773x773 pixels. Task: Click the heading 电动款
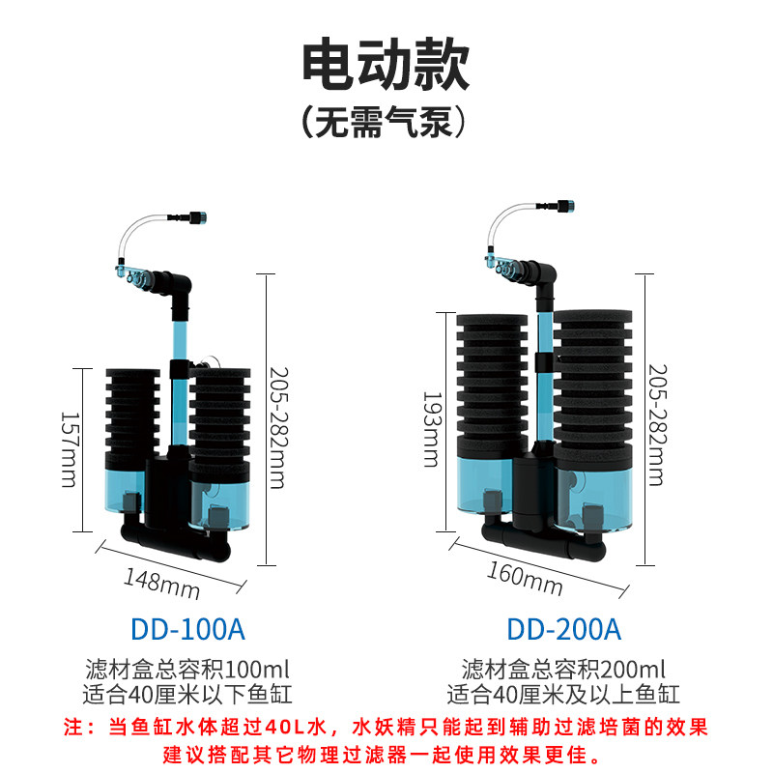(386, 64)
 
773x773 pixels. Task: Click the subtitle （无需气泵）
(384, 122)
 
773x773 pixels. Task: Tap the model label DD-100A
(187, 629)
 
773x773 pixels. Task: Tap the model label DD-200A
(564, 629)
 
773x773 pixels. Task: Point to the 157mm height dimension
(69, 449)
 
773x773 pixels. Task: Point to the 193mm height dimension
(432, 429)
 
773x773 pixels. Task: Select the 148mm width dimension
(161, 584)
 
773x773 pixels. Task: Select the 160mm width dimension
(525, 579)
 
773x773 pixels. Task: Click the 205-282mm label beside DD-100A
(278, 427)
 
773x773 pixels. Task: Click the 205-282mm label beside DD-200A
(657, 425)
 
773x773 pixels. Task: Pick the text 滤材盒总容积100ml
(187, 670)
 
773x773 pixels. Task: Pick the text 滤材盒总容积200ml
(563, 670)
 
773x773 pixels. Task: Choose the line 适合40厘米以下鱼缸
(187, 695)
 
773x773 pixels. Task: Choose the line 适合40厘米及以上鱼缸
(563, 695)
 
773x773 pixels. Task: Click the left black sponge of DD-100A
(132, 419)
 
